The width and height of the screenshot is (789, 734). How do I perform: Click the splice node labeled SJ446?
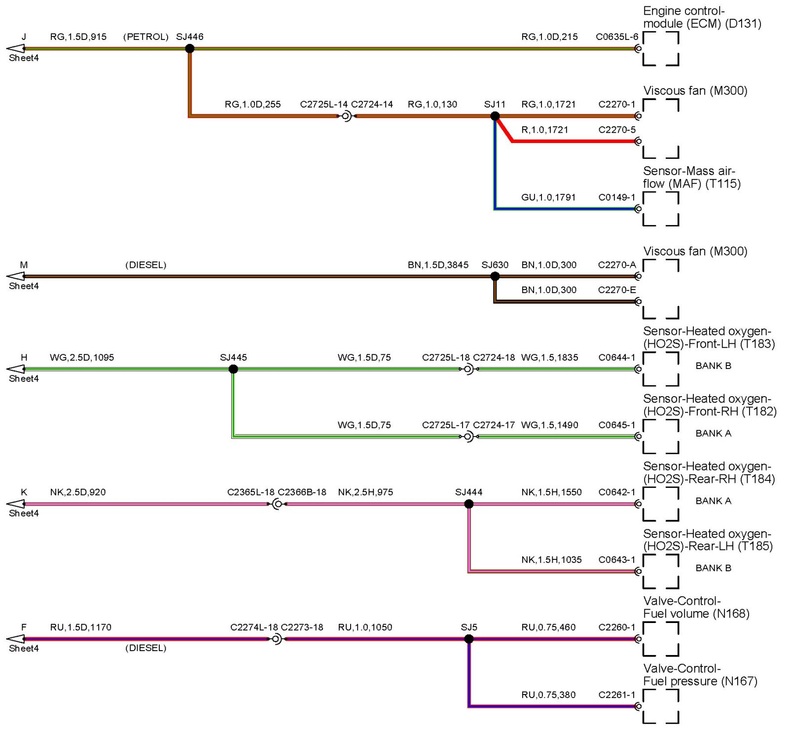189,48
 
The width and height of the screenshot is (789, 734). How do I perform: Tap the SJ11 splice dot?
495,116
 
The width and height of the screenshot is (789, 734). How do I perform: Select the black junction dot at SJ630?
495,276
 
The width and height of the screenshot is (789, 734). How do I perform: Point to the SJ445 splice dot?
233,369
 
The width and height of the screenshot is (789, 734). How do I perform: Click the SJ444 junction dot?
468,504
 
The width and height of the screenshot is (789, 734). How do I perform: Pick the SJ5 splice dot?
468,639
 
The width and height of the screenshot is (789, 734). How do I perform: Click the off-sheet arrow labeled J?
16,48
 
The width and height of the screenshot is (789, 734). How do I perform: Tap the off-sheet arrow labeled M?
16,276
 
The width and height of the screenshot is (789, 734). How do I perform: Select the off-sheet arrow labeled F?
16,639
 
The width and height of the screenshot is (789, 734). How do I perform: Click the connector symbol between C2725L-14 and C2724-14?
346,116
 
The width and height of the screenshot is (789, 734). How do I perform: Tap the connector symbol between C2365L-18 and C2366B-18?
277,504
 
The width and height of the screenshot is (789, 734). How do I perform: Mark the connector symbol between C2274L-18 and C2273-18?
277,639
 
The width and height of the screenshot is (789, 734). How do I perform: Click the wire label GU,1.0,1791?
548,197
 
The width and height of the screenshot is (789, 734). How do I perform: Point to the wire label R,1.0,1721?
544,130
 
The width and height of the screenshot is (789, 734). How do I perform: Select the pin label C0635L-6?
616,37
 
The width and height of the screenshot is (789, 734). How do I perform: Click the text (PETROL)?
145,37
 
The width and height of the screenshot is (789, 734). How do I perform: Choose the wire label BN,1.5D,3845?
438,265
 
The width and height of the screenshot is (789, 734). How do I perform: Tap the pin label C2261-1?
616,695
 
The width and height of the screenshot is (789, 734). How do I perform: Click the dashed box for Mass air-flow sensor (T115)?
661,209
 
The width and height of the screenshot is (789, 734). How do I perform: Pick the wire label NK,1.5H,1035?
551,559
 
